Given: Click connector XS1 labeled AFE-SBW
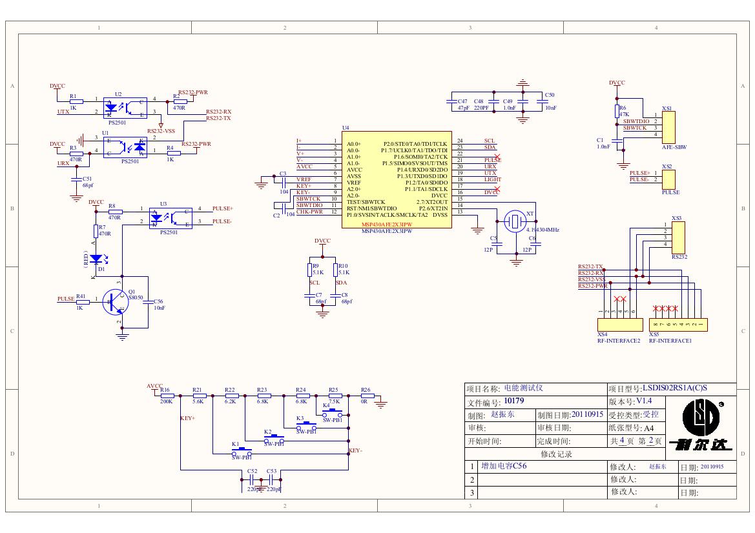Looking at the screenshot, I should pos(667,126).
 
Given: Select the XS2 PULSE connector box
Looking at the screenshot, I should pos(667,179).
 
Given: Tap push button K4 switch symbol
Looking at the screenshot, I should pos(332,410).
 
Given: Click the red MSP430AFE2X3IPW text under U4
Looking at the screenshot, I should pos(387,225).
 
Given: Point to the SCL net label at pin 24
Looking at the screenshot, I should pos(490,141).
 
